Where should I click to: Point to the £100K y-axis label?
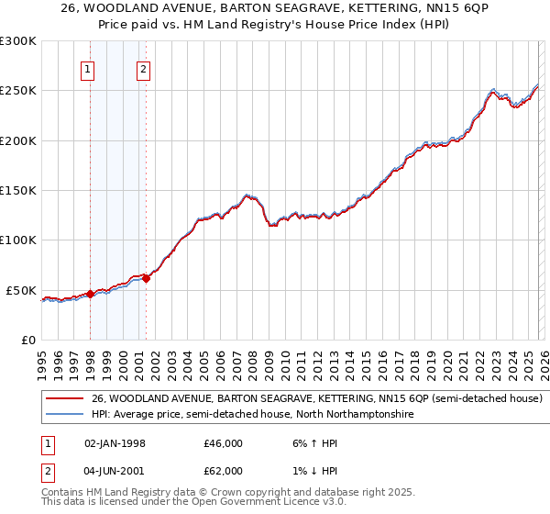(18, 240)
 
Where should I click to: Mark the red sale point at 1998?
(90, 294)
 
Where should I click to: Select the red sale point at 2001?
(146, 278)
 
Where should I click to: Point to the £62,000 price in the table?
(224, 471)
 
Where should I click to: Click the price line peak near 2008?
(247, 195)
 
